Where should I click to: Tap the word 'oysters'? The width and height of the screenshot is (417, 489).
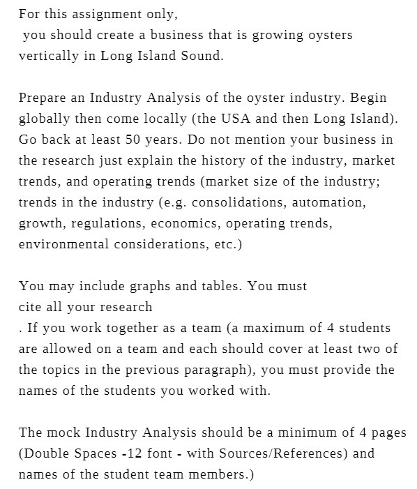[328, 35]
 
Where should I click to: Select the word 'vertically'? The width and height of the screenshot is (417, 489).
[49, 56]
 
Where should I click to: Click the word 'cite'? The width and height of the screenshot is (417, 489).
[31, 307]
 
